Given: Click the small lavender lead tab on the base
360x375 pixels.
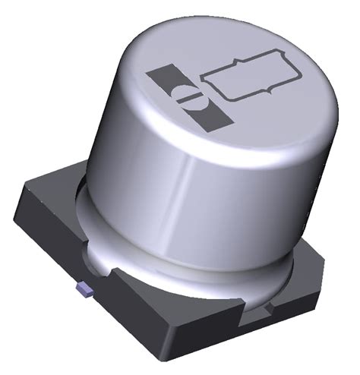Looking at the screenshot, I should click(84, 289).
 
